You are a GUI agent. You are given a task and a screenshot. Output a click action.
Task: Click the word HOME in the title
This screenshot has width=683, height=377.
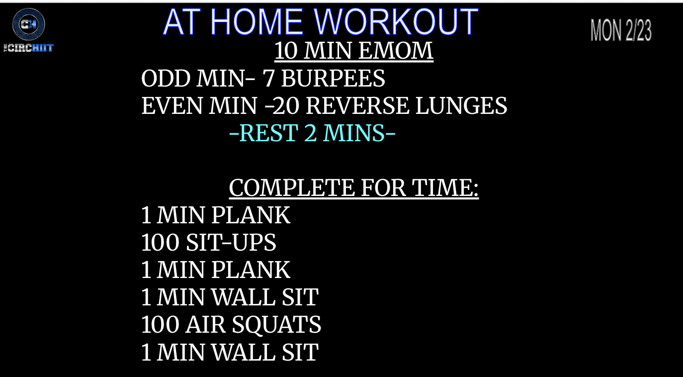pos(256,22)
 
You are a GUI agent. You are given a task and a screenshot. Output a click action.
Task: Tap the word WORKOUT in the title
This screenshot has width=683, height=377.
pos(396,22)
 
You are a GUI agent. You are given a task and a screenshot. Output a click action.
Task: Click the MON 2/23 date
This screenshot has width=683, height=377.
pos(621,30)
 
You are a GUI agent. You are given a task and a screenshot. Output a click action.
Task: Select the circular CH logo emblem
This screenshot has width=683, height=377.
pos(29,24)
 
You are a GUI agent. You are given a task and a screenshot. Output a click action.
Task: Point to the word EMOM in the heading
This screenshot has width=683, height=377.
pos(396,50)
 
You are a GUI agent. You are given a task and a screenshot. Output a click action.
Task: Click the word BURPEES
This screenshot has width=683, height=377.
pos(333,79)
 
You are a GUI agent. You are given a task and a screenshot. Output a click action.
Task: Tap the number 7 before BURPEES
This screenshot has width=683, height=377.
pos(268,79)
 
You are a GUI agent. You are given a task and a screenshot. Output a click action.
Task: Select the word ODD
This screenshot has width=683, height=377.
pos(166,79)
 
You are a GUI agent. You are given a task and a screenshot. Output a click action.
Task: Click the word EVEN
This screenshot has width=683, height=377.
pos(172,105)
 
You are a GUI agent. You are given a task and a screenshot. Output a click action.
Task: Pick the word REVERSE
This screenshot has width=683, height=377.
pos(357,105)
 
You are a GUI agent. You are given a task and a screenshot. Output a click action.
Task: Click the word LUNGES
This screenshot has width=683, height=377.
pos(461,105)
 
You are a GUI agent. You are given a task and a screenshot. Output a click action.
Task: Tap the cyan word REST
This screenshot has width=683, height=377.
pos(268,133)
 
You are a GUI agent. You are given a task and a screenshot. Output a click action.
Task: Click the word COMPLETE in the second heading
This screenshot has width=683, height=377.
pos(291,188)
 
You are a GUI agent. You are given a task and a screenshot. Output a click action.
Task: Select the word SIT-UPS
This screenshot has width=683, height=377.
pos(231,243)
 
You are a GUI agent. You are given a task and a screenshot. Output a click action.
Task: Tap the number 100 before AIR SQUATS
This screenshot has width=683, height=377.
pos(160,325)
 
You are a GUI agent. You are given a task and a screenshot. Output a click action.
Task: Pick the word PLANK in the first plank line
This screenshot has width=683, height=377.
pos(251,215)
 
